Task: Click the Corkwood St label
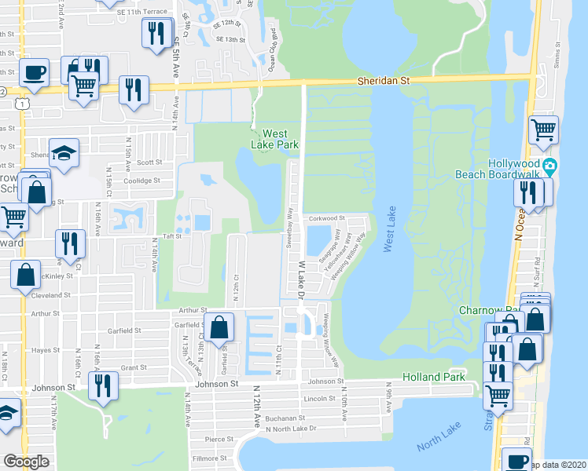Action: coord(327,218)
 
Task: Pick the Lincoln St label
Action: coord(320,400)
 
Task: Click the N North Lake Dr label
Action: coord(290,429)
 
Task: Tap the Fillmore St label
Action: coord(211,458)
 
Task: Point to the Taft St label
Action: coord(173,235)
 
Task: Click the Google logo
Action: coord(26,462)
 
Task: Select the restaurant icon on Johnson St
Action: coord(103,386)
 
